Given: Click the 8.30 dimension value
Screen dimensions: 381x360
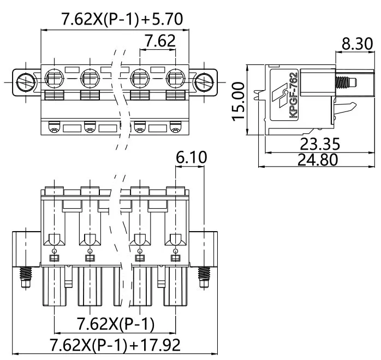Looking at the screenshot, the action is pyautogui.click(x=357, y=44).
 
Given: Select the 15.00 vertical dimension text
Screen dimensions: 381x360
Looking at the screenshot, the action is pyautogui.click(x=238, y=102).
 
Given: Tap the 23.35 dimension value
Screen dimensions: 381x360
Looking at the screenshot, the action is pyautogui.click(x=320, y=144).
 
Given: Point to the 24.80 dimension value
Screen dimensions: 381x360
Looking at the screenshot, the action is pyautogui.click(x=318, y=160).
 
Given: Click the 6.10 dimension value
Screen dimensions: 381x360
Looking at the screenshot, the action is pyautogui.click(x=192, y=157).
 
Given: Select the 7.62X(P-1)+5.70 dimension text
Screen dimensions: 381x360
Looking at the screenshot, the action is pyautogui.click(x=122, y=19).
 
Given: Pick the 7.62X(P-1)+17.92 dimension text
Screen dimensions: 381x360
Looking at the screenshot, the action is pyautogui.click(x=115, y=345).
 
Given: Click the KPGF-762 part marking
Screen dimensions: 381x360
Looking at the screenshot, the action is pyautogui.click(x=294, y=95).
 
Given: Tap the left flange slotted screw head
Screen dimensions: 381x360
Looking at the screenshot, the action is pyautogui.click(x=26, y=82).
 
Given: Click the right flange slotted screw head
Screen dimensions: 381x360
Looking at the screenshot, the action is pyautogui.click(x=204, y=82).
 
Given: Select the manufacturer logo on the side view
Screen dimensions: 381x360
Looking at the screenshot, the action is pyautogui.click(x=280, y=95).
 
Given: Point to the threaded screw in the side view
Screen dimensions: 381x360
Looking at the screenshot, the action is pyautogui.click(x=346, y=82).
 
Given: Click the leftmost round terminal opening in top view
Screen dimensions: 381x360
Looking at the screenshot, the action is pyautogui.click(x=54, y=78).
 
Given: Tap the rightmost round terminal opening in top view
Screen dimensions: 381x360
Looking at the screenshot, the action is pyautogui.click(x=175, y=78).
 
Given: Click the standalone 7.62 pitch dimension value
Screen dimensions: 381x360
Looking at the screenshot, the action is pyautogui.click(x=160, y=41).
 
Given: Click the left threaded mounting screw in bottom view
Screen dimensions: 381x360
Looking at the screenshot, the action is pyautogui.click(x=26, y=278).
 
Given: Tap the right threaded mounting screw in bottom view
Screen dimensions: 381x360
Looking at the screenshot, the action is pyautogui.click(x=204, y=278).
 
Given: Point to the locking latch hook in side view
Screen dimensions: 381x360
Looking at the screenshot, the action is pyautogui.click(x=345, y=108).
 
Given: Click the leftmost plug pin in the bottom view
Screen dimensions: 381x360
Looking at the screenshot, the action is pyautogui.click(x=54, y=286).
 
